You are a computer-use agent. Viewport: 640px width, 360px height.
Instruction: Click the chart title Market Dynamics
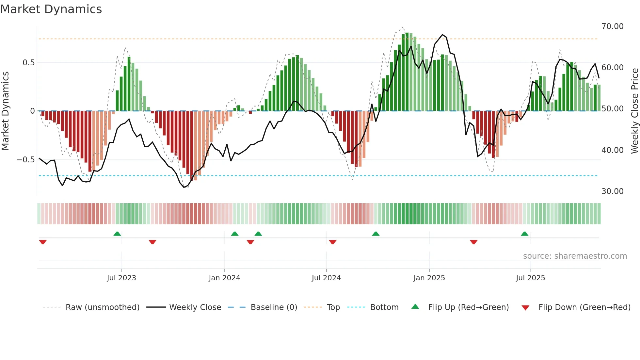(x=51, y=9)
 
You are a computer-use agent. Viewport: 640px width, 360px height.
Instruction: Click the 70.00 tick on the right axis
(x=612, y=26)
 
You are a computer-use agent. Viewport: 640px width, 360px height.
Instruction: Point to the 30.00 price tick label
(x=612, y=191)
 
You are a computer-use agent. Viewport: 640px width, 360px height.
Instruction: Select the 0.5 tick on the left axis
(x=28, y=63)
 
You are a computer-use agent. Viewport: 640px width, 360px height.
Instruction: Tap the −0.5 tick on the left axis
(x=26, y=160)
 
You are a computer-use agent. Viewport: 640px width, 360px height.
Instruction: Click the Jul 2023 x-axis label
(x=121, y=278)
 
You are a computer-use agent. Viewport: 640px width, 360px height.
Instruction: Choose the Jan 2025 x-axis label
(x=429, y=278)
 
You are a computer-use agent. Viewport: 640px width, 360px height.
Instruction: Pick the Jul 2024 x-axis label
(x=326, y=278)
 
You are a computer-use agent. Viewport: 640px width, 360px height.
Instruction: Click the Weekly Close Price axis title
(x=634, y=111)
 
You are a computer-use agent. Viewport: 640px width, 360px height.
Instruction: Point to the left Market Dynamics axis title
(x=5, y=111)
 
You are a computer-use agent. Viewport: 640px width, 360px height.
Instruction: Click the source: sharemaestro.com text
(x=575, y=256)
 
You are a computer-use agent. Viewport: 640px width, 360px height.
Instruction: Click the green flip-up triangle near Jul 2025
(x=524, y=234)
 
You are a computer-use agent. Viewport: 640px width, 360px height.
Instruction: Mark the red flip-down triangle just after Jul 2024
(x=333, y=242)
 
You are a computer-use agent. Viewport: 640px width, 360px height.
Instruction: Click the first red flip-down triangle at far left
(x=43, y=242)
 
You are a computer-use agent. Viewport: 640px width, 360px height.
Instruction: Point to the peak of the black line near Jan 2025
(x=442, y=35)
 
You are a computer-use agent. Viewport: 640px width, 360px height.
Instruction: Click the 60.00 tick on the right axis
(x=612, y=68)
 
